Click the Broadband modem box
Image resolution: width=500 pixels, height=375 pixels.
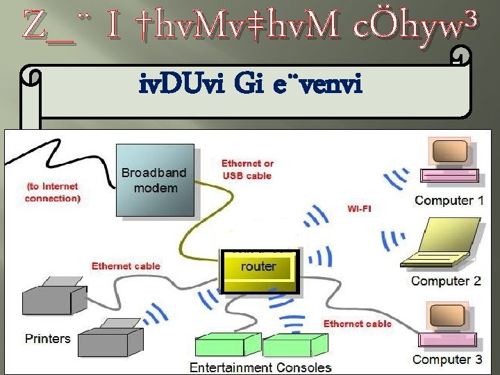click(154, 180)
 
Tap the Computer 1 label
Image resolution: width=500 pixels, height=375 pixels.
click(449, 201)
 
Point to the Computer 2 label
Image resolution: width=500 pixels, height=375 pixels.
click(446, 281)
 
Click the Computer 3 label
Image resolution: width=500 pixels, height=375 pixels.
click(447, 359)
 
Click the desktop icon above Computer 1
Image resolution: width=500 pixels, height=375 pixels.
click(451, 164)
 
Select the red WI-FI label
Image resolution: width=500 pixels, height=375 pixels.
click(359, 208)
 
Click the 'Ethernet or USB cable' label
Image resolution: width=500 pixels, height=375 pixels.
click(247, 169)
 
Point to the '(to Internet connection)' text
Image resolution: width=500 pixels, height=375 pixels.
click(53, 192)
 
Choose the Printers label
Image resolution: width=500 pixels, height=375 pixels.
click(48, 338)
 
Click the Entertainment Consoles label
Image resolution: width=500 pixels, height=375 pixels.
click(260, 367)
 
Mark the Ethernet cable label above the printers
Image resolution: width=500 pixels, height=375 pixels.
click(126, 265)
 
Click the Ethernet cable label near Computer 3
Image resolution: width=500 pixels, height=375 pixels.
click(358, 323)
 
